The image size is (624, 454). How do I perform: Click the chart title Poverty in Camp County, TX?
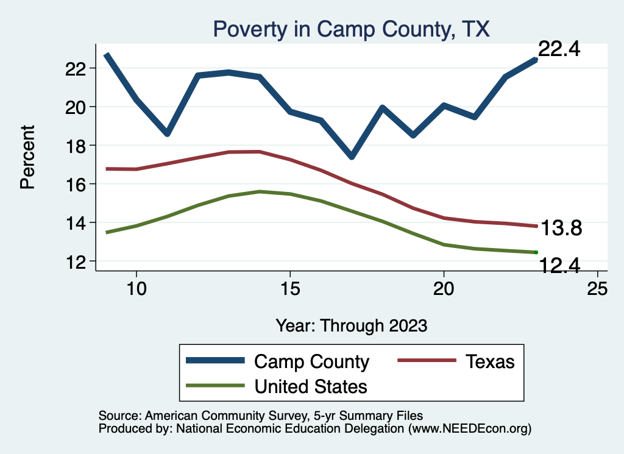350,29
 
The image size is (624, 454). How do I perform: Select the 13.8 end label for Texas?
561,229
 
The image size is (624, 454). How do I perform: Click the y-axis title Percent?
28,157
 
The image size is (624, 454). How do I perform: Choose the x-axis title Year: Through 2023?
351,325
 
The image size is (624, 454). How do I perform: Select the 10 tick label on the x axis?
136,289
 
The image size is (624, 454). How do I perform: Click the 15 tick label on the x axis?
290,289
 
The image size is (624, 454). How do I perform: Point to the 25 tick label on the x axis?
597,289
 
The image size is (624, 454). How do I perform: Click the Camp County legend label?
311,361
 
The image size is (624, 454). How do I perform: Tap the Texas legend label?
490,361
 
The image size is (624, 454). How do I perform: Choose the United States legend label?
311,386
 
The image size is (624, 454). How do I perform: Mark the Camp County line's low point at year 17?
352,157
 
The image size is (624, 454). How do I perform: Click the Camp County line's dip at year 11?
167,133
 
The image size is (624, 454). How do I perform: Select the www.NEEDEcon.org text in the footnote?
469,429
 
